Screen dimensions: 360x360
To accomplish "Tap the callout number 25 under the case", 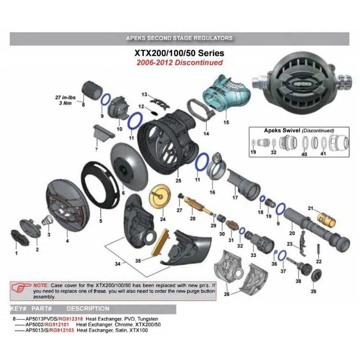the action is coord(179,180).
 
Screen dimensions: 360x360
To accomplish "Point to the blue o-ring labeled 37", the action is coord(283,255).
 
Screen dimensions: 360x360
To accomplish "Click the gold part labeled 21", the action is coord(326,220).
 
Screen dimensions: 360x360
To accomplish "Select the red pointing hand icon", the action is coord(21,287).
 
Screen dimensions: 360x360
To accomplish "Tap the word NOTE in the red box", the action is coord(41,285).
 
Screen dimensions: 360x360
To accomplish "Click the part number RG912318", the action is coord(71,319).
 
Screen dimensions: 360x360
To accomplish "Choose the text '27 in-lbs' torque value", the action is coord(65,97).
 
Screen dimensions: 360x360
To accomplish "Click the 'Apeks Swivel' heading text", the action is coord(282,130).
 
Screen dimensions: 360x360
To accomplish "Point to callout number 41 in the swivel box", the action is coord(323,153).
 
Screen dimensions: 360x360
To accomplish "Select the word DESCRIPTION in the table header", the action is coord(88,309).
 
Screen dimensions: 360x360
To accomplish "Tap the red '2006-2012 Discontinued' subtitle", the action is coord(180,62).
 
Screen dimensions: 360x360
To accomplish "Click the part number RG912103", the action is coord(62,330).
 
